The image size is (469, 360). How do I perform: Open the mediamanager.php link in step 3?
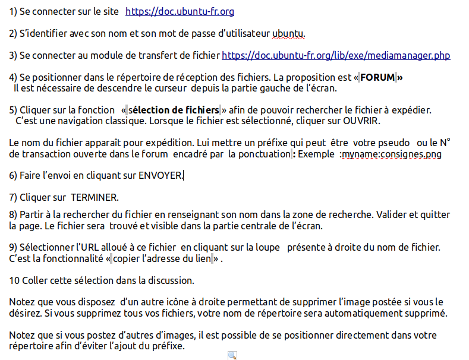pos(335,56)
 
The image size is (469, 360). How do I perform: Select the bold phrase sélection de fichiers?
pos(174,110)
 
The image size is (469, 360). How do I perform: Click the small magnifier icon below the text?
pos(232,355)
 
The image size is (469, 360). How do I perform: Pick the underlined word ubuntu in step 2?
pos(288,33)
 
